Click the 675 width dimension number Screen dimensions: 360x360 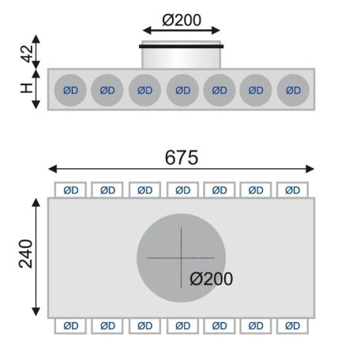pyautogui.click(x=182, y=157)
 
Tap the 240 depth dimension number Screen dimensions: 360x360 pyautogui.click(x=26, y=253)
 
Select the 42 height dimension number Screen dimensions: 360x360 pyautogui.click(x=28, y=54)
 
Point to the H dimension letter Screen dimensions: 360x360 pyautogui.click(x=26, y=88)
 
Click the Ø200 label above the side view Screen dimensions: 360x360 pyautogui.click(x=182, y=20)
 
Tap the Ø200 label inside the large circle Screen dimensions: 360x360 pyautogui.click(x=211, y=279)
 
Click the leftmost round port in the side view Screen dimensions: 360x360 pyautogui.click(x=70, y=90)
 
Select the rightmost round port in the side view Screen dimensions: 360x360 pyautogui.click(x=293, y=90)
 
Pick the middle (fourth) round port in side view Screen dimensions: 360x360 pyautogui.click(x=182, y=90)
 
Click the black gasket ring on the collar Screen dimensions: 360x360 pyautogui.click(x=182, y=47)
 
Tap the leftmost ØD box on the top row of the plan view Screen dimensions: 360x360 pyautogui.click(x=70, y=189)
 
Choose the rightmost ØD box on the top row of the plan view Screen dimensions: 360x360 pyautogui.click(x=292, y=189)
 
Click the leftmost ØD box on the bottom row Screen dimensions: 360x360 pyautogui.click(x=70, y=326)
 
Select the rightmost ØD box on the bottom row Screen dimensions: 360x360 pyautogui.click(x=292, y=326)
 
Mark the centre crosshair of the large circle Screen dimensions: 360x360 pyautogui.click(x=182, y=258)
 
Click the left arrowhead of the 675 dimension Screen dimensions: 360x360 pyautogui.click(x=53, y=169)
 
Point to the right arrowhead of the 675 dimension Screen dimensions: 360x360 pyautogui.click(x=310, y=169)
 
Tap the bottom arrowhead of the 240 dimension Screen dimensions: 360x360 pyautogui.click(x=36, y=312)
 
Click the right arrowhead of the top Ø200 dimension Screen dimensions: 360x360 pyautogui.click(x=216, y=30)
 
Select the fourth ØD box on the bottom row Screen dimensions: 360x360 pyautogui.click(x=182, y=326)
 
